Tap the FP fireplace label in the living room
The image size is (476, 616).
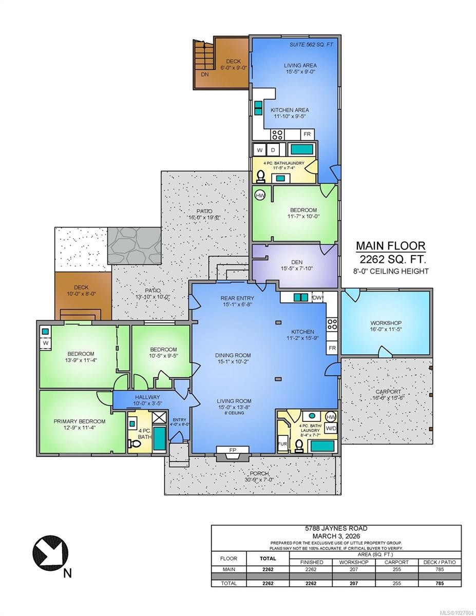point(232,450)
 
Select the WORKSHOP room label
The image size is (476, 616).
point(386,323)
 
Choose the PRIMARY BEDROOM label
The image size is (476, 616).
point(80,421)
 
